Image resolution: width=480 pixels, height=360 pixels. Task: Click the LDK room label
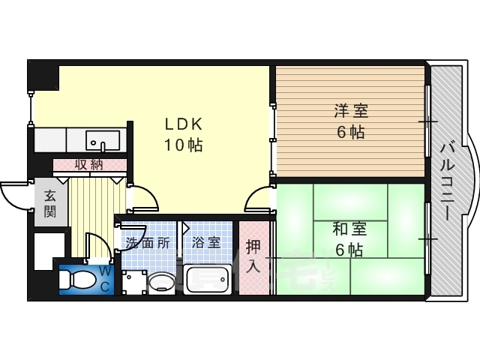tap(184, 124)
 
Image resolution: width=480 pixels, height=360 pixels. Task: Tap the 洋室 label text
tap(351, 111)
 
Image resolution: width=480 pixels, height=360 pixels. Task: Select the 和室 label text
tap(349, 229)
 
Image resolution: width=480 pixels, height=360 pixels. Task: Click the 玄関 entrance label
tap(50, 203)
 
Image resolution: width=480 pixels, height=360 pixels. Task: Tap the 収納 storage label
tap(89, 165)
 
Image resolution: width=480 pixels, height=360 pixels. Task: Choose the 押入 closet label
tap(253, 256)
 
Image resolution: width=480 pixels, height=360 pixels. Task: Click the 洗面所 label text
tap(148, 243)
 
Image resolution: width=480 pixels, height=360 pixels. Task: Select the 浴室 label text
tap(206, 243)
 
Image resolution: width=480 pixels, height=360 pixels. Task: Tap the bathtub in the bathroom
tap(208, 280)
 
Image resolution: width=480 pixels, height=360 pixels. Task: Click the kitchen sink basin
tap(103, 140)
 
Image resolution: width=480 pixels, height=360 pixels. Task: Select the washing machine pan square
tap(134, 282)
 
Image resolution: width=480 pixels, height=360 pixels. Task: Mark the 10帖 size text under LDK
tap(184, 145)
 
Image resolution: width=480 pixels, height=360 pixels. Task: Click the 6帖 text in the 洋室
tap(351, 132)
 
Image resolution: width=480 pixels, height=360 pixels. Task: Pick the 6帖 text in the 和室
tap(349, 250)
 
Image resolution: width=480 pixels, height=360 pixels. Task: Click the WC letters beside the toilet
tap(105, 278)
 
